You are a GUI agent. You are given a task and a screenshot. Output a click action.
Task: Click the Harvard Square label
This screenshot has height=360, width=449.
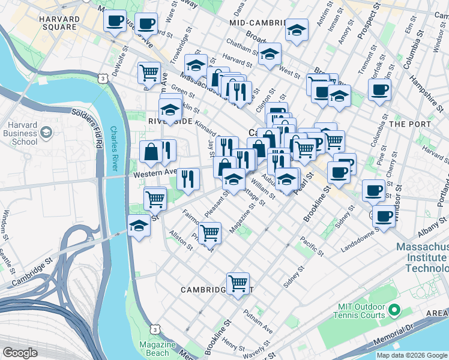pos(59,23)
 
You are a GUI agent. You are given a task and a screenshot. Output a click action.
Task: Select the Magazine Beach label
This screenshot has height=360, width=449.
pos(157,349)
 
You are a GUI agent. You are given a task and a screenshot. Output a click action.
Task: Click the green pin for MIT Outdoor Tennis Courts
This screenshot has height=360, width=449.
pos(394,310)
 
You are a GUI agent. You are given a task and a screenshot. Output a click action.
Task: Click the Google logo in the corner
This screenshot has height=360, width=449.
pos(20,353)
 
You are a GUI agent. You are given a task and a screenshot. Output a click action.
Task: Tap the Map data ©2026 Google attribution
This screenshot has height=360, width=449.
pos(412,355)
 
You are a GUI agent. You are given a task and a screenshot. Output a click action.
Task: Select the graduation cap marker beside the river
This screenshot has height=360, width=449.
pos(139,227)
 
